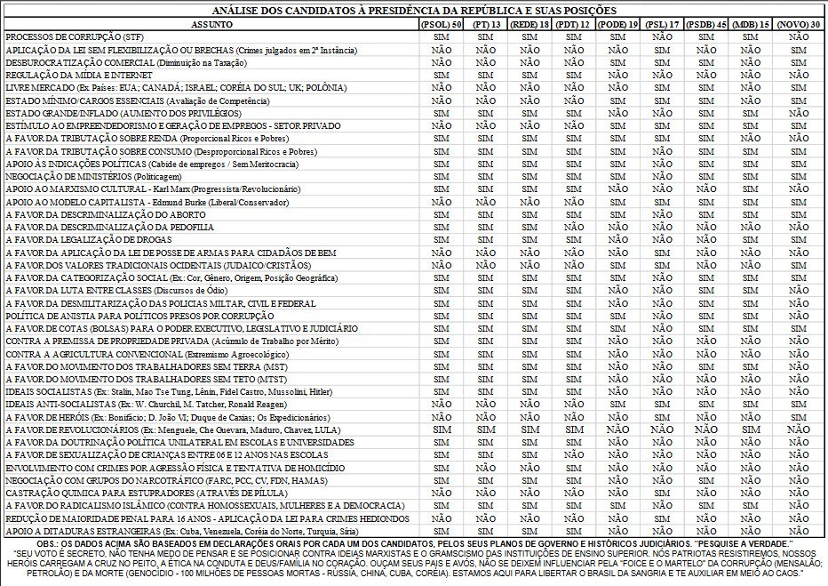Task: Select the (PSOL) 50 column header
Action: (441, 24)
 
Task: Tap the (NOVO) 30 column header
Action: (797, 24)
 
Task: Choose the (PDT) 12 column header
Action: (573, 24)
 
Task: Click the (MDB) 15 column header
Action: (752, 24)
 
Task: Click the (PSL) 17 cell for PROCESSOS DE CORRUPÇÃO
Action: (662, 38)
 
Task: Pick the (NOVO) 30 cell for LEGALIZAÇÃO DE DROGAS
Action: (797, 240)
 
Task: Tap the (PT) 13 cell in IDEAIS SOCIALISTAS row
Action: (485, 391)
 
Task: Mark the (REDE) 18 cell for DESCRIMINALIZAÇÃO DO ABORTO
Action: (529, 215)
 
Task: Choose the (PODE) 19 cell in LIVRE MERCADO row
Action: (617, 89)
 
